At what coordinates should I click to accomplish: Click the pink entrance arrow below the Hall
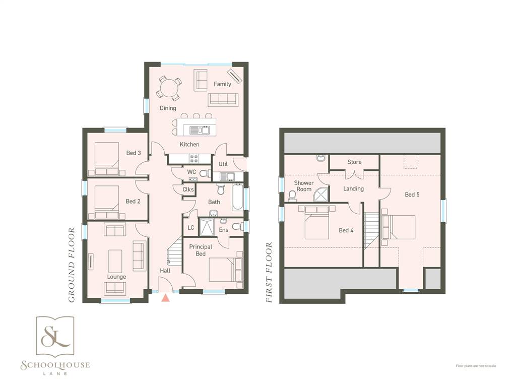pyautogui.click(x=166, y=298)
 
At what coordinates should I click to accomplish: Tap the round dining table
pyautogui.click(x=169, y=88)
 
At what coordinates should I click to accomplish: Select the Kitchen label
pyautogui.click(x=189, y=144)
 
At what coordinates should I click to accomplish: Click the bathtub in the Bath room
pyautogui.click(x=238, y=198)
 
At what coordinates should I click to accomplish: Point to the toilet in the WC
pyautogui.click(x=205, y=173)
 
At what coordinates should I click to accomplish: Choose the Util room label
pyautogui.click(x=223, y=164)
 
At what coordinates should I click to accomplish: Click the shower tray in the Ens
pyautogui.click(x=207, y=227)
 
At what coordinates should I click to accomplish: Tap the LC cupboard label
pyautogui.click(x=191, y=228)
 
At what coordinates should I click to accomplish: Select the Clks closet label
pyautogui.click(x=188, y=189)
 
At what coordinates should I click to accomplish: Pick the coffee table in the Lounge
pyautogui.click(x=115, y=261)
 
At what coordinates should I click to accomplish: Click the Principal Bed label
pyautogui.click(x=201, y=250)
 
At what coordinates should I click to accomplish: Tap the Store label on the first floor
pyautogui.click(x=354, y=162)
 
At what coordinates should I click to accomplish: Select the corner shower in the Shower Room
pyautogui.click(x=321, y=195)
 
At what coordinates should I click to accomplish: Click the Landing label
pyautogui.click(x=353, y=188)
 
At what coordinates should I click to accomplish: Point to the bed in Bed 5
pyautogui.click(x=399, y=227)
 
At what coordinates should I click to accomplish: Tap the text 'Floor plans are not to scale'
pyautogui.click(x=476, y=366)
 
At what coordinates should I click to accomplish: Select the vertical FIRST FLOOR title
pyautogui.click(x=269, y=273)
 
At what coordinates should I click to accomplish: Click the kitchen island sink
pyautogui.click(x=200, y=131)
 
